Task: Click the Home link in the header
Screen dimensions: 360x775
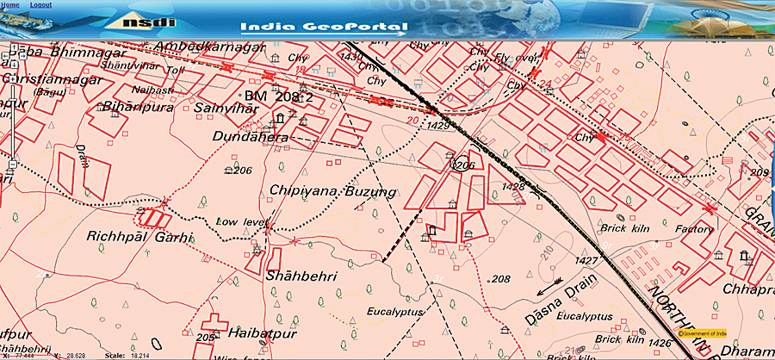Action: [x=11, y=5]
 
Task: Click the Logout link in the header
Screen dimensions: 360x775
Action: [x=40, y=5]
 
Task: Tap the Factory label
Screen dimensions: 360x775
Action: [x=693, y=230]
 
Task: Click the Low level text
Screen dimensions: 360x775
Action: [x=237, y=222]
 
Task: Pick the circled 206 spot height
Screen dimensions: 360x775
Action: [x=463, y=164]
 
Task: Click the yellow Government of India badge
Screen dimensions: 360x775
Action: [x=703, y=332]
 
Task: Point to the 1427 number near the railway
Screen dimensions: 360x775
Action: [x=586, y=259]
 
